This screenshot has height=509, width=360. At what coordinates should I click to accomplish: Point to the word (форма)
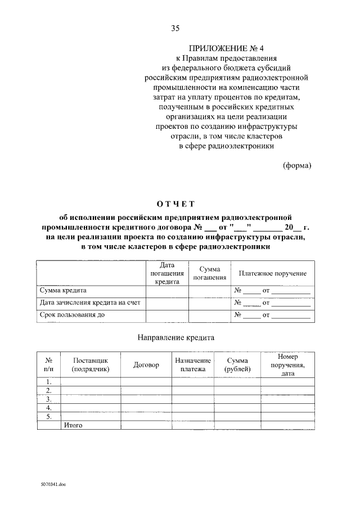click(x=296, y=165)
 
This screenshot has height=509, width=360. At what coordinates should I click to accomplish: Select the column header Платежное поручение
click(x=272, y=273)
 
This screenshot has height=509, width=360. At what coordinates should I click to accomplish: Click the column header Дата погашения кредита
click(x=167, y=273)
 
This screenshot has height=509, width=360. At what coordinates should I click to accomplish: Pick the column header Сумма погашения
click(x=209, y=273)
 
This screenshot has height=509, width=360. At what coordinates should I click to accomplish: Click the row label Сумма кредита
click(x=62, y=291)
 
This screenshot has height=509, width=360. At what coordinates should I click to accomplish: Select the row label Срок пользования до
click(x=72, y=315)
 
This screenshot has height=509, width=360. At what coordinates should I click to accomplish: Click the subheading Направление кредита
click(x=175, y=338)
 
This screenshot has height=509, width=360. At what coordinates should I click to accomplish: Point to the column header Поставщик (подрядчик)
click(x=90, y=364)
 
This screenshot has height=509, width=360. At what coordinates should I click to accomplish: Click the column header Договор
click(x=146, y=365)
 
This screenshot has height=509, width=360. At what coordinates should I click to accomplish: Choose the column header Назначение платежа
click(x=193, y=364)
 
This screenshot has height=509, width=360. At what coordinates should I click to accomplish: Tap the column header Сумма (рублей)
click(x=238, y=364)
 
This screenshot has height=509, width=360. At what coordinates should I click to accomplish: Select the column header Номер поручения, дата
click(x=287, y=364)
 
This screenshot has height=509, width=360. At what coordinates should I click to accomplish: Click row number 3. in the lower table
click(x=49, y=399)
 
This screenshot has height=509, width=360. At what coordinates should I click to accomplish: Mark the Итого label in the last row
click(x=73, y=425)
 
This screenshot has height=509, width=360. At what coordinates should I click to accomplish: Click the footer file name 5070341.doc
click(x=53, y=483)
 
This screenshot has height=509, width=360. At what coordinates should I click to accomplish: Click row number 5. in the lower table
click(x=49, y=417)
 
